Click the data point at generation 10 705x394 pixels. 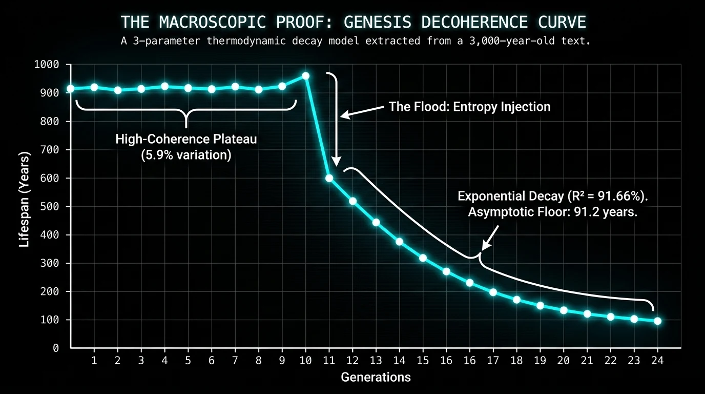tap(306, 76)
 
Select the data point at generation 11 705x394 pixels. tap(329, 178)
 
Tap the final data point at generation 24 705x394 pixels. tap(658, 321)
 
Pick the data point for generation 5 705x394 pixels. tap(188, 88)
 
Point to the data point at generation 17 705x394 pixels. tap(493, 292)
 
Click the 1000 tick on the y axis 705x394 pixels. tap(47, 65)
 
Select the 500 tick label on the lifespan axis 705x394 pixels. tap(50, 207)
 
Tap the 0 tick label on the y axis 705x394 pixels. tap(56, 348)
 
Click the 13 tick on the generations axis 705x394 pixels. tap(376, 361)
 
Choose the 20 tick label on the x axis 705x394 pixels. tap(564, 361)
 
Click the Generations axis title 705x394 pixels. tap(376, 378)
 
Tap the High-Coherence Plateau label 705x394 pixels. tap(186, 139)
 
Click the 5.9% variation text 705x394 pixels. tap(186, 154)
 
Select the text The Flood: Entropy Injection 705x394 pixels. tap(469, 107)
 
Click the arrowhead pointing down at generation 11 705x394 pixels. tap(336, 162)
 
